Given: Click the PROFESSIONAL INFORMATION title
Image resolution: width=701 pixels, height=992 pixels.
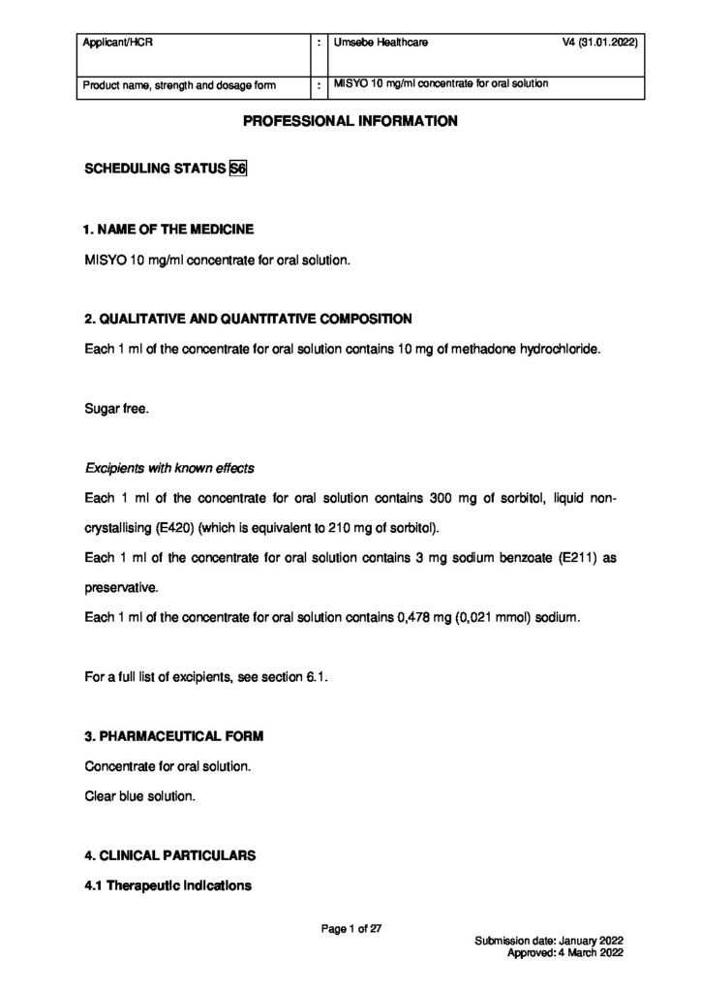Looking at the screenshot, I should [350, 122].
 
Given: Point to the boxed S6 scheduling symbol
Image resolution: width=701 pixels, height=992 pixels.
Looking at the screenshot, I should [238, 170].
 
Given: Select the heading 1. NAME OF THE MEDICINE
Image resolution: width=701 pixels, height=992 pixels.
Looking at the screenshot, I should [169, 230].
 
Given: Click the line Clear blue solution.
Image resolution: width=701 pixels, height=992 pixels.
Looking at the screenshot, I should [140, 796].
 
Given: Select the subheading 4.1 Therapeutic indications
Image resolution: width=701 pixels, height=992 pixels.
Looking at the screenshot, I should [168, 884].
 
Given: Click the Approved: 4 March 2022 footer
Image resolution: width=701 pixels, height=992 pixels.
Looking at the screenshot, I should [564, 953].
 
